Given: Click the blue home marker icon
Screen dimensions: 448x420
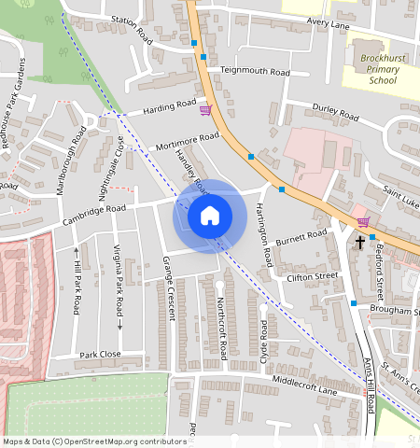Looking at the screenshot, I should pyautogui.click(x=210, y=216).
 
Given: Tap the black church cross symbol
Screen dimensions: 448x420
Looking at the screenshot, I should pyautogui.click(x=360, y=242).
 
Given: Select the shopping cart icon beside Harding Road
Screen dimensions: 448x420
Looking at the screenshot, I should pyautogui.click(x=205, y=110).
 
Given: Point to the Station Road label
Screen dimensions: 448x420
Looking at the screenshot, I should pyautogui.click(x=131, y=29).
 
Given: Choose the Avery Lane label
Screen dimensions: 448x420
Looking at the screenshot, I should pyautogui.click(x=327, y=24).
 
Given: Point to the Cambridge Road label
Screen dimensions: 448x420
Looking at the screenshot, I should pyautogui.click(x=93, y=215).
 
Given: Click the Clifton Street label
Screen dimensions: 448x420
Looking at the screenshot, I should pyautogui.click(x=313, y=277).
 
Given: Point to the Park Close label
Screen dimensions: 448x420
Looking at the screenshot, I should pyautogui.click(x=100, y=355).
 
